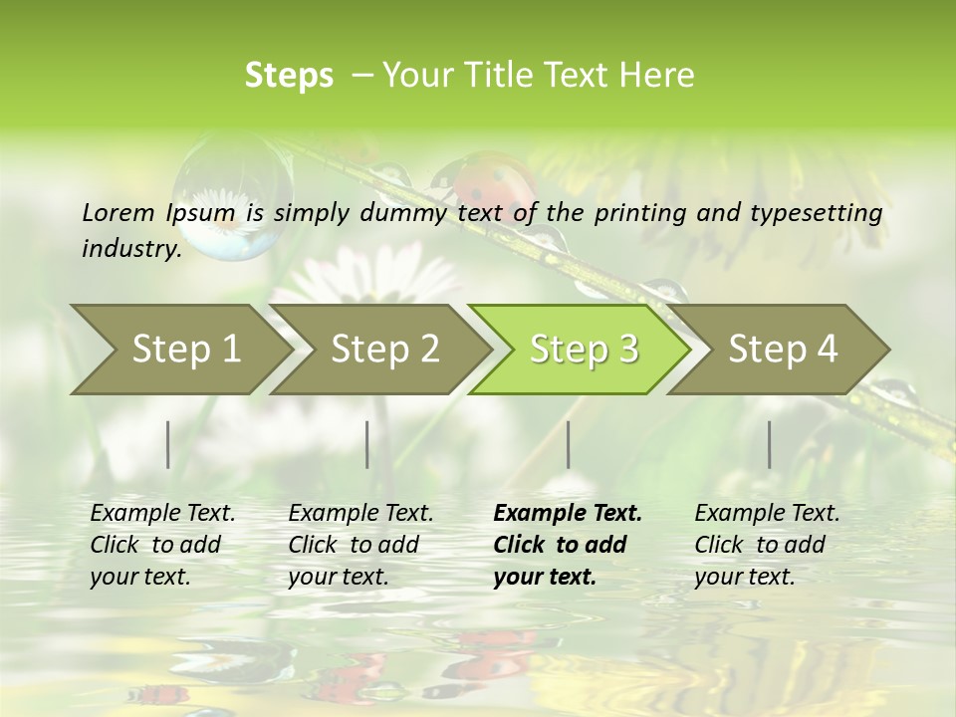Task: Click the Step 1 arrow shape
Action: pos(179,350)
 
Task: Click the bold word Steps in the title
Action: pos(289,76)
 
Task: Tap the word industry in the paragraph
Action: pos(130,249)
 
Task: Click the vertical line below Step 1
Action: pos(168,444)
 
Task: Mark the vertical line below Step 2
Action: pos(367,444)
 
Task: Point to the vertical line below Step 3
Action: pos(568,444)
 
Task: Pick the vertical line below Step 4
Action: pos(769,444)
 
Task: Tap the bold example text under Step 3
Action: pos(566,545)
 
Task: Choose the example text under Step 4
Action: pos(766,545)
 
